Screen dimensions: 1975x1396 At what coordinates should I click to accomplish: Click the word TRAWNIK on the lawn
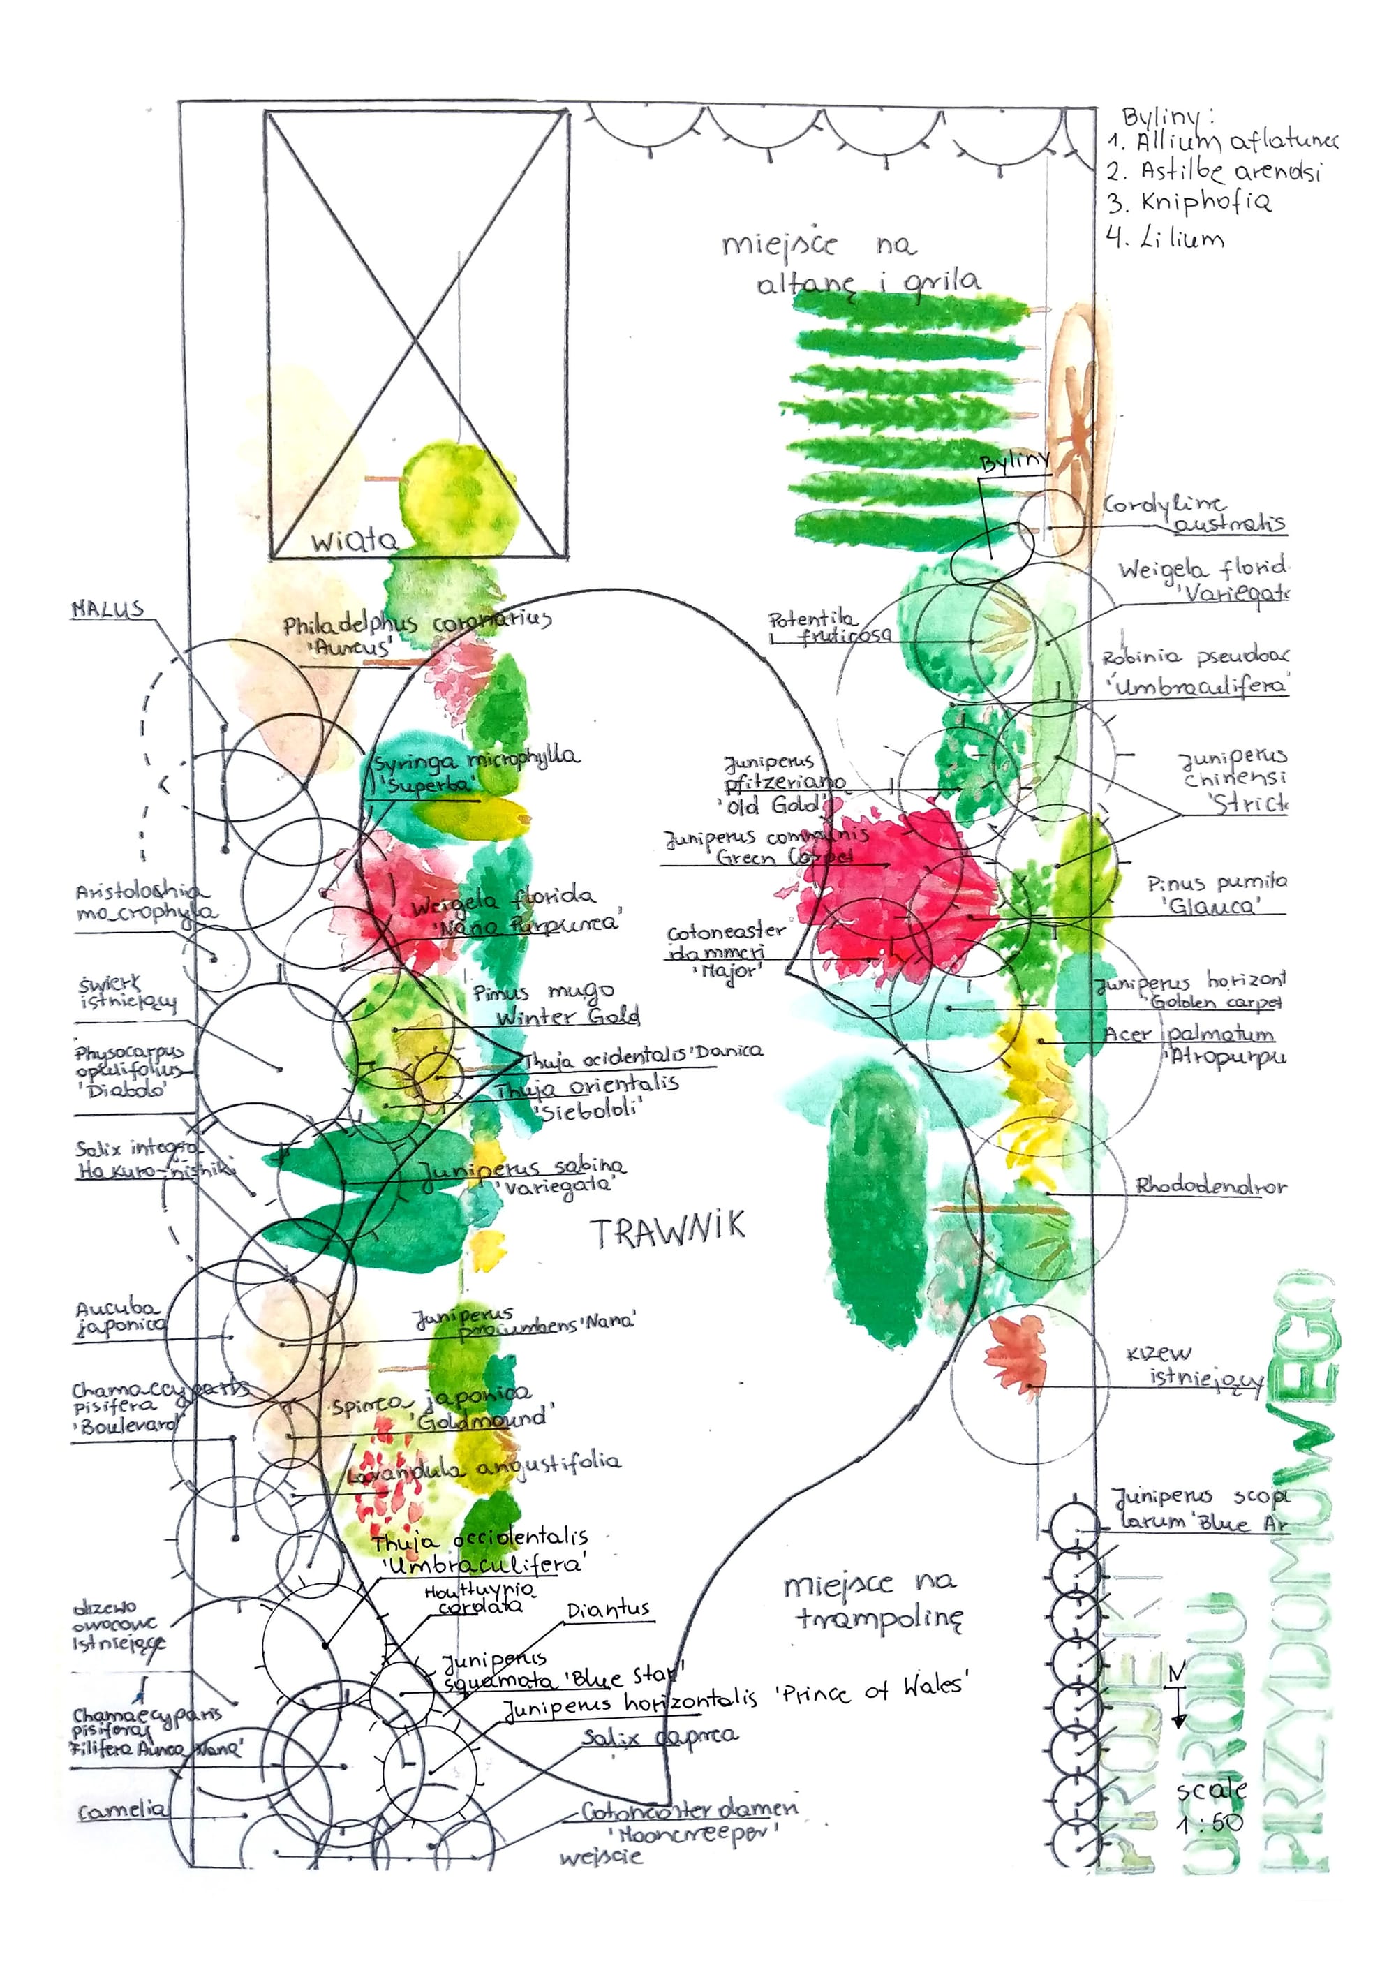pos(667,1231)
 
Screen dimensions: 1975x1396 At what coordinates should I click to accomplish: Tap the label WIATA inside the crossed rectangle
pos(353,540)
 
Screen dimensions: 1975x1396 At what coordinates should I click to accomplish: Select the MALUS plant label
pos(107,610)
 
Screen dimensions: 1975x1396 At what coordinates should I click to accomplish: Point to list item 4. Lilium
pos(1166,237)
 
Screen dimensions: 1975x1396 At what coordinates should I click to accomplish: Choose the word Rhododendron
pos(1210,1186)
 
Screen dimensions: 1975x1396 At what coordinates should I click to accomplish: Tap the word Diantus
pos(608,1609)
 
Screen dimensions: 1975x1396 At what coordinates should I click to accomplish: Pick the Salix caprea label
pos(660,1737)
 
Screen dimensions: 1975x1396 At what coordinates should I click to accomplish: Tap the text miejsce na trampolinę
pos(873,1601)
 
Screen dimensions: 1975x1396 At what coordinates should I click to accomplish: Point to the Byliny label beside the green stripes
pos(1015,462)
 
